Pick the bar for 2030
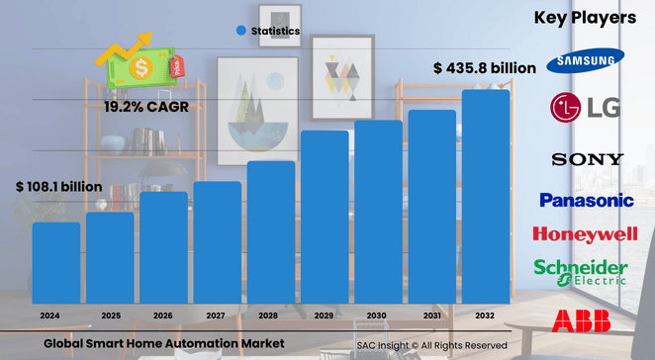point(379,212)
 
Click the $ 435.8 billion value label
point(485,68)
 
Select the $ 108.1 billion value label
point(58,186)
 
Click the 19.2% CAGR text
point(145,106)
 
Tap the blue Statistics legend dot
point(240,32)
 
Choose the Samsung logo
point(585,60)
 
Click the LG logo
point(585,107)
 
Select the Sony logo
point(587,159)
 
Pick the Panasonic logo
point(586,200)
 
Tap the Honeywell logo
point(585,234)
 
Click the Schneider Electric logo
point(580,272)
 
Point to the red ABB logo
point(581,319)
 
